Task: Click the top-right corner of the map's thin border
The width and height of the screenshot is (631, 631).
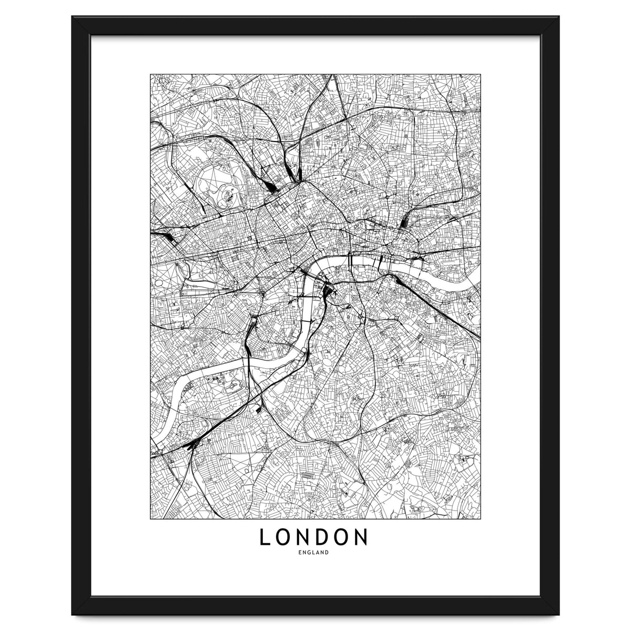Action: tap(480, 74)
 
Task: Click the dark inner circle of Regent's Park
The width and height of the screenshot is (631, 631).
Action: tap(228, 195)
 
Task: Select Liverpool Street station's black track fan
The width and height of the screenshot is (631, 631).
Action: tap(403, 223)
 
